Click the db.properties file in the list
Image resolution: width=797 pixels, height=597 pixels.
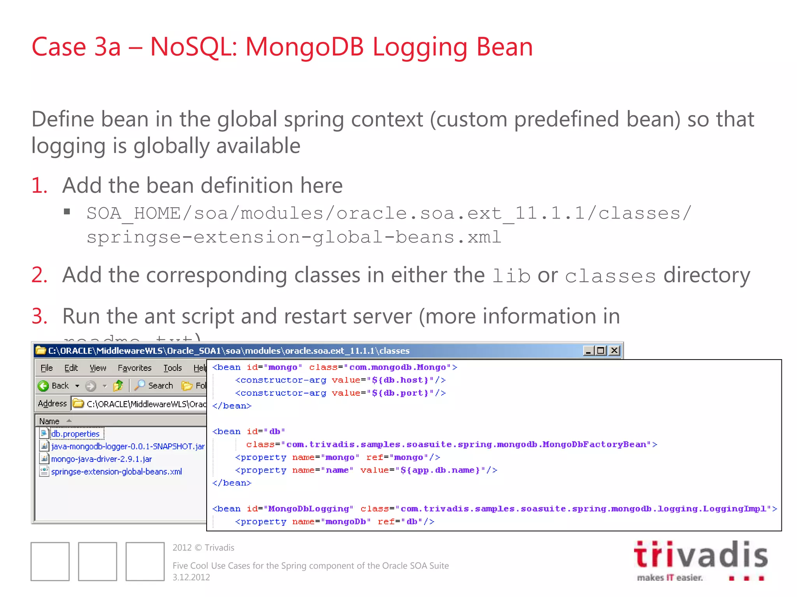pos(75,434)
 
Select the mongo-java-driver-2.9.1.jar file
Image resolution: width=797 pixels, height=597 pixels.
pos(101,459)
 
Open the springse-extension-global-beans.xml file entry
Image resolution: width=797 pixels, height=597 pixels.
pos(116,472)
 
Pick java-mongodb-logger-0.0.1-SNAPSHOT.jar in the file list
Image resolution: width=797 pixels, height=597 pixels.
pos(128,447)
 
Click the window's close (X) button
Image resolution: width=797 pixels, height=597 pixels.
pos(614,351)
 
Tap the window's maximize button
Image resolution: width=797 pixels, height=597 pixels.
pos(601,351)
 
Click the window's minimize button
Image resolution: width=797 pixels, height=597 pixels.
pos(588,351)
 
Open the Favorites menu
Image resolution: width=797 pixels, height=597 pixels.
pos(134,368)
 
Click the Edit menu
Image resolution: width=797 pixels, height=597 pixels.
pos(71,368)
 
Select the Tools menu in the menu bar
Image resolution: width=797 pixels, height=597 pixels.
pos(172,368)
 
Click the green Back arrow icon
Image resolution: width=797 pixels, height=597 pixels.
pos(43,386)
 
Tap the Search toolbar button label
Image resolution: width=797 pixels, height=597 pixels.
pos(160,386)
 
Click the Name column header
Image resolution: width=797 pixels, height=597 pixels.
pos(49,421)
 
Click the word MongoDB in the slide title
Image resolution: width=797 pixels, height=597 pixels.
pos(305,47)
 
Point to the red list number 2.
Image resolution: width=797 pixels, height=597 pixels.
pos(39,275)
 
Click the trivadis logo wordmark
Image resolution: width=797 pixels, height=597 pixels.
pos(700,555)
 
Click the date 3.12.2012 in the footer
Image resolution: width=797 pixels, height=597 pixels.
pos(191,577)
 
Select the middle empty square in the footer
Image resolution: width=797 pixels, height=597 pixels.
pos(98,561)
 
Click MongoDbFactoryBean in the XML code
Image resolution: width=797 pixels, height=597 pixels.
pos(594,444)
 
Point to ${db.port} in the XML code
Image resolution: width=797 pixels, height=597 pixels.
pos(400,393)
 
